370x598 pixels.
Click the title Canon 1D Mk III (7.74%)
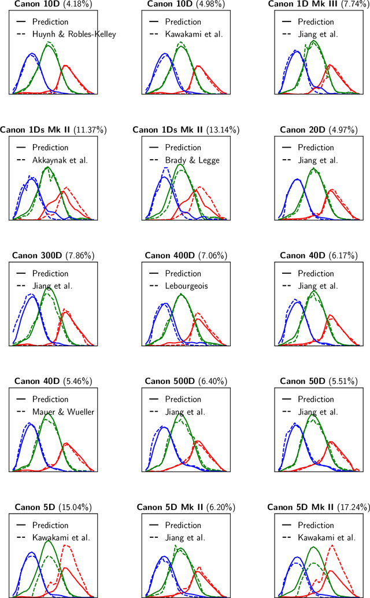pos(319,4)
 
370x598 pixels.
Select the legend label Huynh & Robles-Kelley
pos(74,34)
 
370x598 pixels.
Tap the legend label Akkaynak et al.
pos(60,160)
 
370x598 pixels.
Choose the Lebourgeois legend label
pos(187,285)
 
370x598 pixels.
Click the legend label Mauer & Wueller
pos(64,412)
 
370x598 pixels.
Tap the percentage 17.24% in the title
pos(355,507)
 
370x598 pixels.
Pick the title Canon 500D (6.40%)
pos(186,381)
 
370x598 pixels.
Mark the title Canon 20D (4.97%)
pos(319,130)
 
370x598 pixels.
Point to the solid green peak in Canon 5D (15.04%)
pos(49,541)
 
